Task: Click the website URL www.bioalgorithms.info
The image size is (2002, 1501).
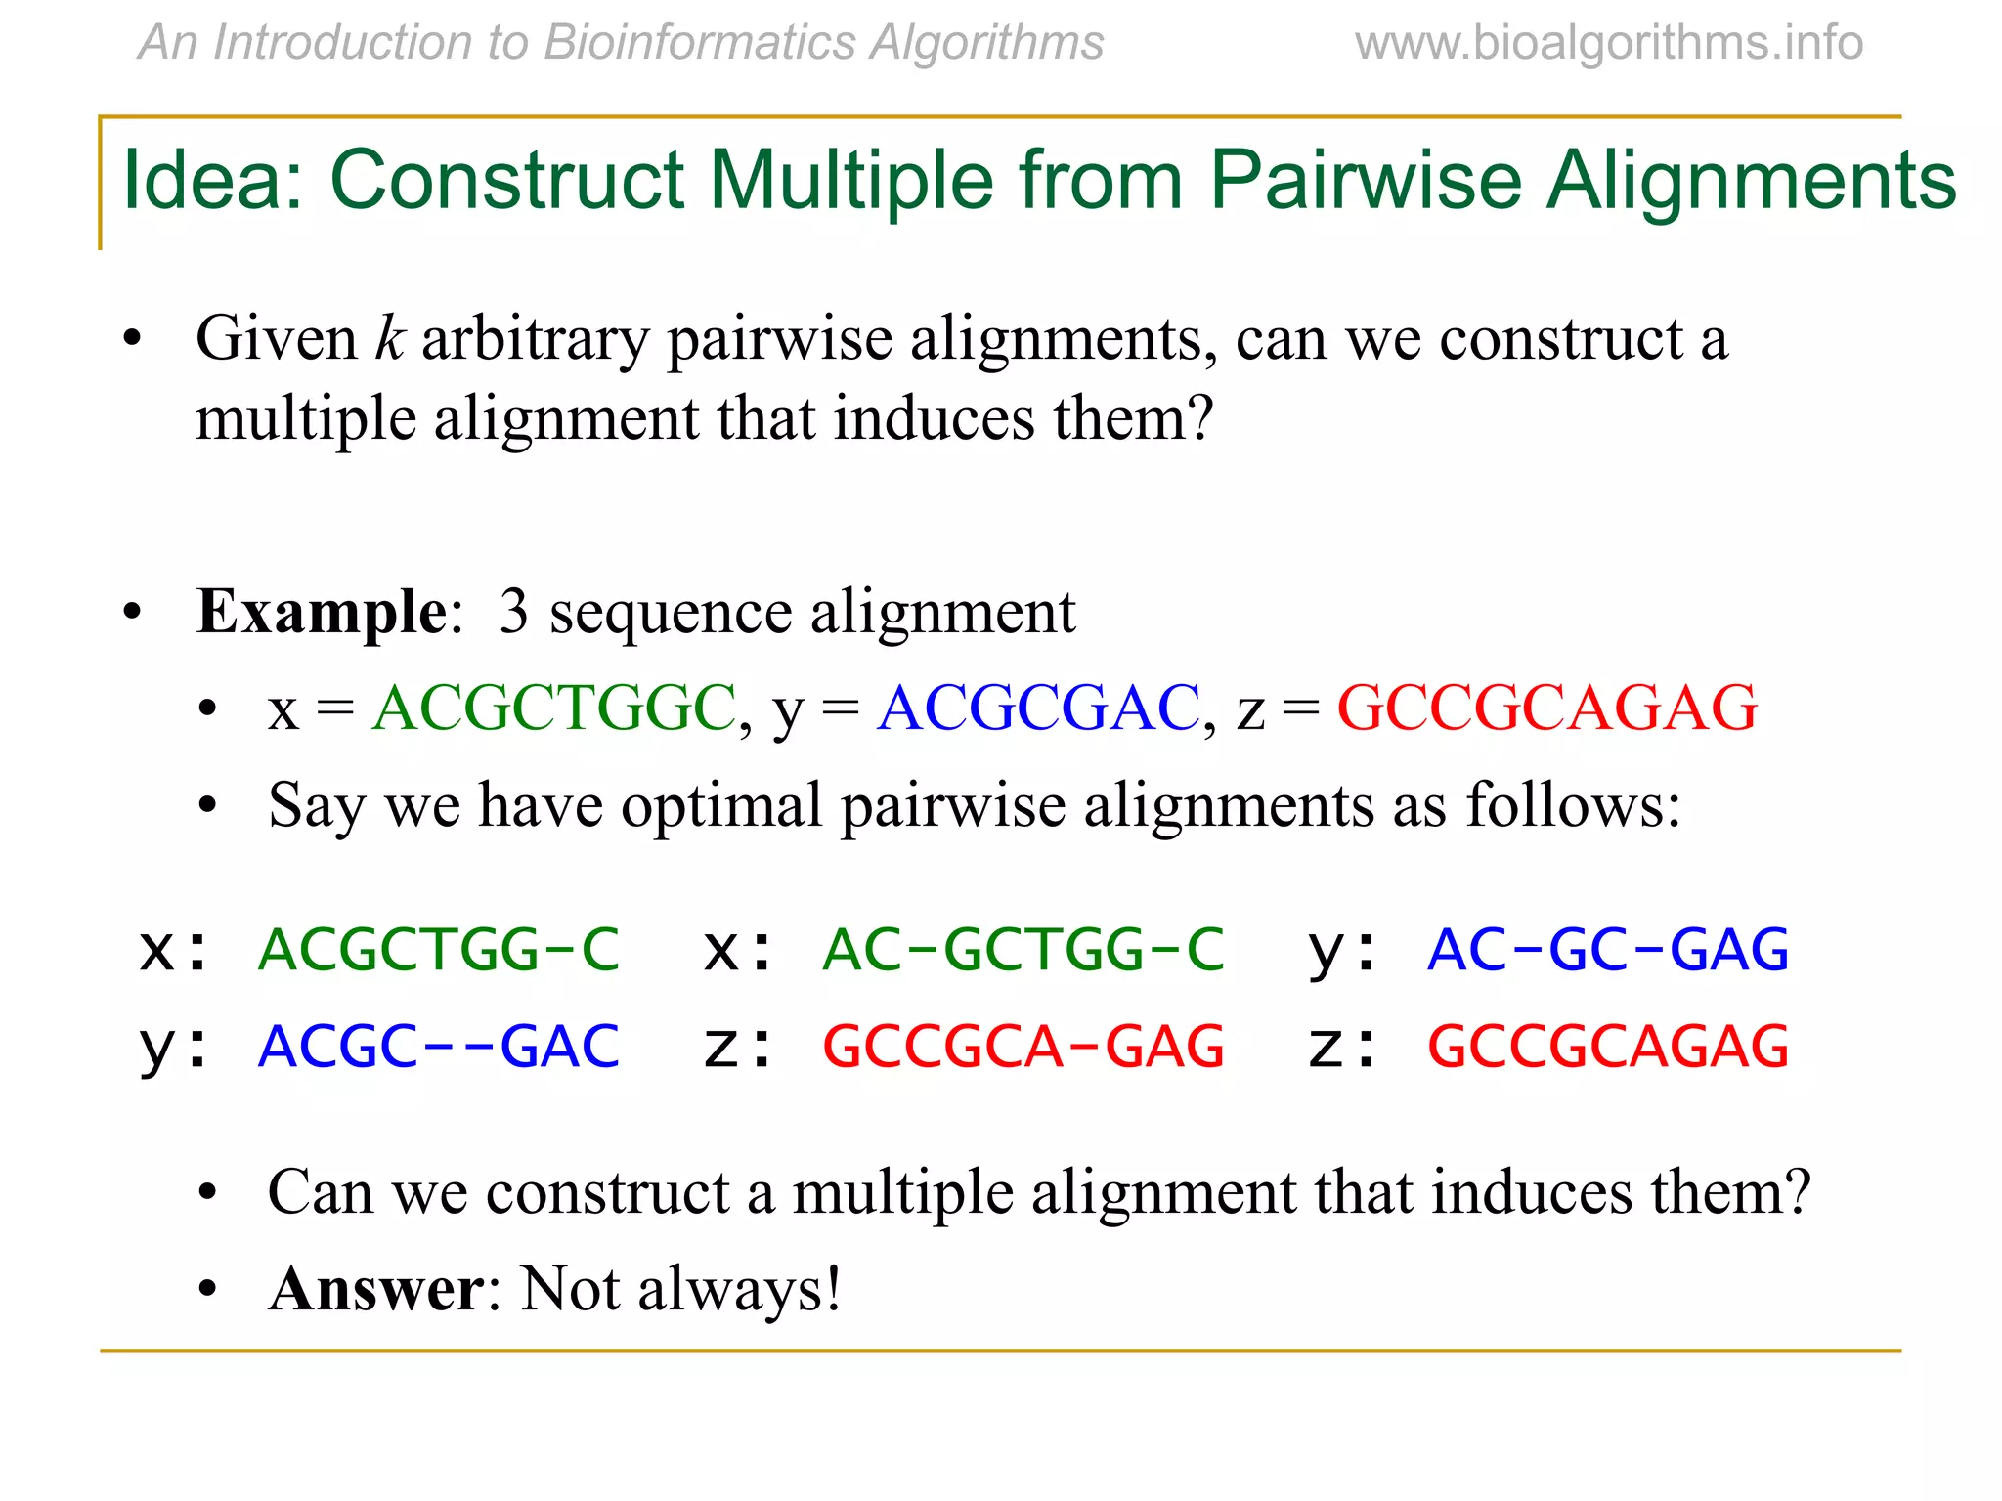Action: click(x=1608, y=44)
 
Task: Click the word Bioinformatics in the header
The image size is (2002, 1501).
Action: click(x=700, y=44)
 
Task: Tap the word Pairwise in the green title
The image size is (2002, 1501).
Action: click(x=1365, y=181)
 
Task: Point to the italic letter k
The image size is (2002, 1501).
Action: click(x=389, y=339)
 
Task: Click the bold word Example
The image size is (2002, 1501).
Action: click(x=322, y=613)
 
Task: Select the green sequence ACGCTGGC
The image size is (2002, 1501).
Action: click(x=554, y=708)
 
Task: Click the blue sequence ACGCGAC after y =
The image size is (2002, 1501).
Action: click(x=1038, y=708)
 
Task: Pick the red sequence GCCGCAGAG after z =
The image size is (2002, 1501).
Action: click(x=1546, y=708)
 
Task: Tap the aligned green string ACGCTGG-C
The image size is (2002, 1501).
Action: click(x=439, y=950)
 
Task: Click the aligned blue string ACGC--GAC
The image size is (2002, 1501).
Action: click(x=439, y=1047)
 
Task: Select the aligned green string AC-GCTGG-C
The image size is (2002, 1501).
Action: click(x=1023, y=950)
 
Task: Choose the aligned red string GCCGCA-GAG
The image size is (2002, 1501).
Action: click(x=1023, y=1047)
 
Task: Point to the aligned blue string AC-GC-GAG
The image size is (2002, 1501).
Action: click(x=1608, y=950)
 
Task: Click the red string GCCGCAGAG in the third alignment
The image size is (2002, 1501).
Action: click(x=1608, y=1047)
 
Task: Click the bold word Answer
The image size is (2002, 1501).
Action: click(x=375, y=1290)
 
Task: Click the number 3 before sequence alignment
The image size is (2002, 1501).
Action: click(x=514, y=613)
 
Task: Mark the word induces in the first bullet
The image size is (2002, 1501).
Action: click(x=941, y=419)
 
